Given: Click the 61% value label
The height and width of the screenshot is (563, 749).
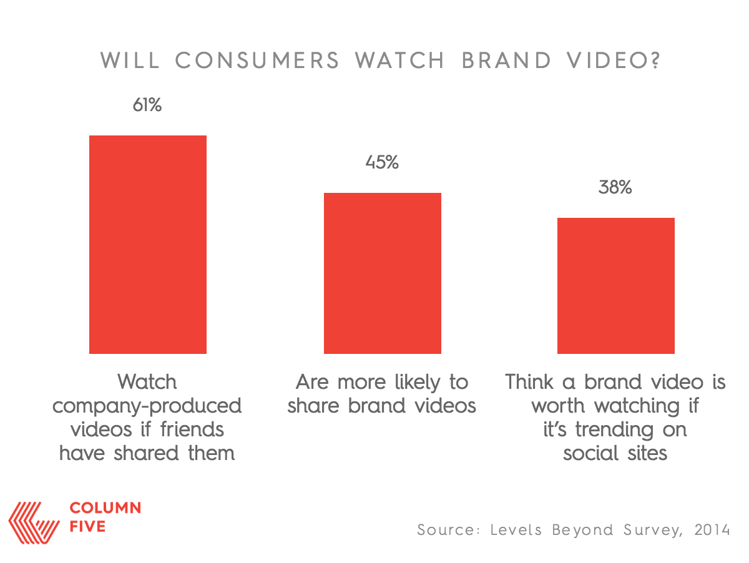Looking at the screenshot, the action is click(x=147, y=105).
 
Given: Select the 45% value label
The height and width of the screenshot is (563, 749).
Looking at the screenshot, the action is click(x=382, y=162).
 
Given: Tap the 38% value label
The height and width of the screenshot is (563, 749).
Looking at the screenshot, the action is click(x=615, y=187).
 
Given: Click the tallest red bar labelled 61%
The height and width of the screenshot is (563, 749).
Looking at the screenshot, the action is click(x=148, y=244).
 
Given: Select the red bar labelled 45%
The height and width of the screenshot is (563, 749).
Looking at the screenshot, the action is click(x=382, y=273).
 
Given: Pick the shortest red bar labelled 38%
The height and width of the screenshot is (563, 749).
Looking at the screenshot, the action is click(x=616, y=286).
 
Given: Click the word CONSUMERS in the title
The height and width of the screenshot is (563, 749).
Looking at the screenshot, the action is click(x=257, y=61).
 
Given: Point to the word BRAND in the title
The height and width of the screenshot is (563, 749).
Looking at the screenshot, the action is click(x=506, y=61).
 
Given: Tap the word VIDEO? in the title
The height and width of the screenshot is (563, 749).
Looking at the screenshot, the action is click(x=613, y=61).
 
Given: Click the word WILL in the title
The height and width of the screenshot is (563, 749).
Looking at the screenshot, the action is click(x=130, y=61).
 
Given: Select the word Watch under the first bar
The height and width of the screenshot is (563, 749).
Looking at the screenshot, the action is click(x=147, y=381).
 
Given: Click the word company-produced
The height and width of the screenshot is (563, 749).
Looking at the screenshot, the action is click(x=147, y=407).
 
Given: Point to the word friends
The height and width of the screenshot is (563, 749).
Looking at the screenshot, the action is click(x=192, y=429).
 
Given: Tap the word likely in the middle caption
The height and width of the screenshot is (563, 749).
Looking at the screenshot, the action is click(x=418, y=383).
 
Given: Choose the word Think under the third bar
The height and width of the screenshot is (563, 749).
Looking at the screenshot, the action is click(x=529, y=381).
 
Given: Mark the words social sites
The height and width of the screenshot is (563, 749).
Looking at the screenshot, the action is click(x=615, y=453).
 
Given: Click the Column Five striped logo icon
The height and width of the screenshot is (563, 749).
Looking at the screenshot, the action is click(x=34, y=523).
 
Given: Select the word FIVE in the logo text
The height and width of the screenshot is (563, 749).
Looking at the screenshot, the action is click(x=87, y=527).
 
